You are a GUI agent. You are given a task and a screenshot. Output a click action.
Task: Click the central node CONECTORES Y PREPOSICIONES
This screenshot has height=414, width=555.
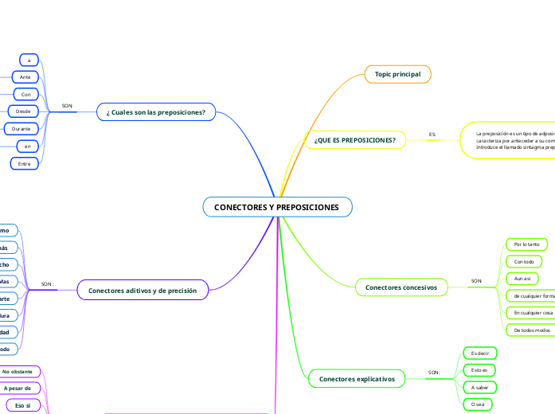(x=277, y=208)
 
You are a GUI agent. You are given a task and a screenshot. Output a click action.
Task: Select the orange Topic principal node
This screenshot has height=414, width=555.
(x=398, y=74)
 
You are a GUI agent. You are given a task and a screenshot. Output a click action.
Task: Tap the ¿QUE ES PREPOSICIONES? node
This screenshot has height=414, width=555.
(x=355, y=140)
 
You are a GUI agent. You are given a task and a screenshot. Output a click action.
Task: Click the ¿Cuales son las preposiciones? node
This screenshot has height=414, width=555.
(x=156, y=112)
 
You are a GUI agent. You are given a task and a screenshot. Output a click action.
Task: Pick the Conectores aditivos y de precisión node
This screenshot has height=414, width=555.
(x=143, y=291)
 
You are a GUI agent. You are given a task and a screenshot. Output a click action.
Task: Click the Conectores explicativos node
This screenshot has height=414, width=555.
(x=357, y=379)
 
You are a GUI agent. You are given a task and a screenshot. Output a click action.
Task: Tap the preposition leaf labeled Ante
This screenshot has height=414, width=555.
(x=25, y=76)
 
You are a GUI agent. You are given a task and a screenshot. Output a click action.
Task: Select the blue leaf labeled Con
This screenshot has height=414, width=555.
(x=26, y=94)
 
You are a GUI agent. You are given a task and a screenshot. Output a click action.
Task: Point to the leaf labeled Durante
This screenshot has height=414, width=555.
(x=21, y=128)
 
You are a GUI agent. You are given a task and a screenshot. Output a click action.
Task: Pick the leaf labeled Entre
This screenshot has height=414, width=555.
(x=24, y=163)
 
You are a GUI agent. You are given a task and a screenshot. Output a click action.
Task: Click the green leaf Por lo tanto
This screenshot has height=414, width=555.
(x=527, y=244)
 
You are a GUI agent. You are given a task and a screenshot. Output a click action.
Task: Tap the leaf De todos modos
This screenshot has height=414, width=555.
(x=529, y=330)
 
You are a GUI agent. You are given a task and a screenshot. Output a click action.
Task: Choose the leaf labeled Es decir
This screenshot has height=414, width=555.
(x=479, y=353)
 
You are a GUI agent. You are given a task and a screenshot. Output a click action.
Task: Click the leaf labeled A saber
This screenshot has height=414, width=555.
(x=479, y=387)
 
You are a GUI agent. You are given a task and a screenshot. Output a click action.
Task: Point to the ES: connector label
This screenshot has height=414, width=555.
(x=432, y=135)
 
